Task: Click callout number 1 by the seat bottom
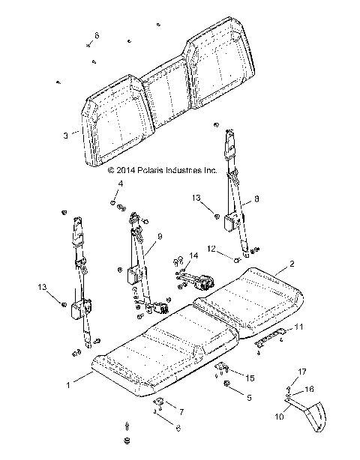[x=69, y=385]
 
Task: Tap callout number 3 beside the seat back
[x=66, y=136]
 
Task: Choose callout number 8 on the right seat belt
[x=257, y=199]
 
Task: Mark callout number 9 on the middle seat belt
[x=159, y=237]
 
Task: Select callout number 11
[x=299, y=327]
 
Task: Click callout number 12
[x=211, y=248]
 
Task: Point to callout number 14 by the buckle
[x=193, y=255]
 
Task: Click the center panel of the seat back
[x=169, y=94]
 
